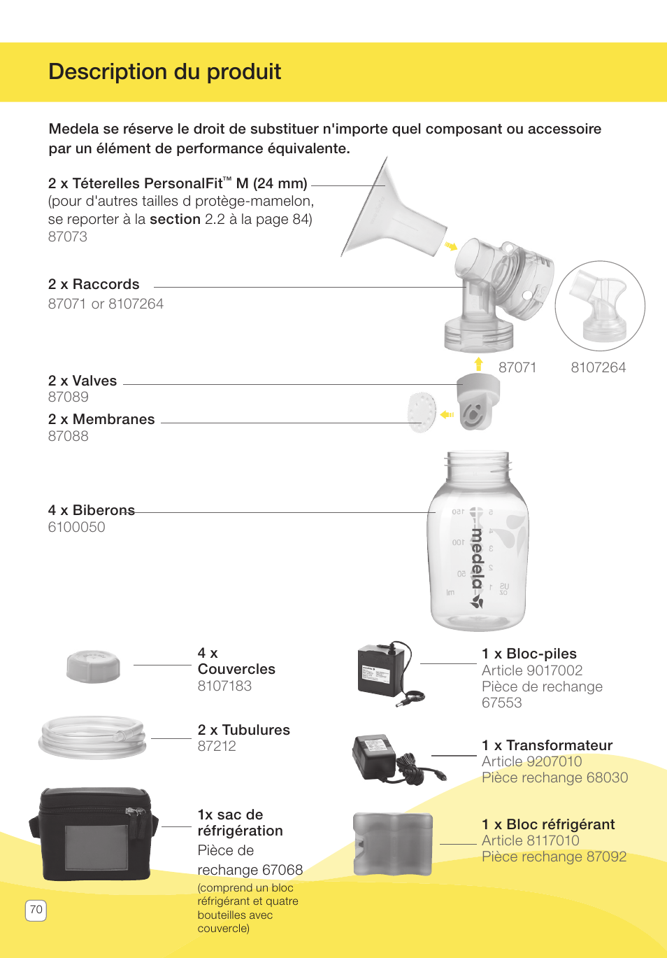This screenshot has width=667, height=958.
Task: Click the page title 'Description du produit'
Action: tap(164, 71)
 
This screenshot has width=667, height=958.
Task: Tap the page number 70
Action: tap(36, 910)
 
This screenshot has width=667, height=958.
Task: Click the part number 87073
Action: tap(68, 237)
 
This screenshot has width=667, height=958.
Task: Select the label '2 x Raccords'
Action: tap(94, 284)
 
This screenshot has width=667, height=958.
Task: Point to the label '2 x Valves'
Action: tap(83, 381)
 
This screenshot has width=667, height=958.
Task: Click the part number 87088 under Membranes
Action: tap(69, 436)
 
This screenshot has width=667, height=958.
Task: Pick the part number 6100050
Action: tap(76, 527)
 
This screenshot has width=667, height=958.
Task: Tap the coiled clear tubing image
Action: tap(92, 737)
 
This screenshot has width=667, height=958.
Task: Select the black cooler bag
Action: tap(94, 833)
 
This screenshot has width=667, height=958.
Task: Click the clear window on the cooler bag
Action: tap(96, 847)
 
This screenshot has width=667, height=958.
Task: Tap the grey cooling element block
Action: tap(392, 844)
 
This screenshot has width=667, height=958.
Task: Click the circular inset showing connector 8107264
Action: tap(600, 306)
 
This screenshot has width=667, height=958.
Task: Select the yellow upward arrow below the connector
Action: tap(478, 363)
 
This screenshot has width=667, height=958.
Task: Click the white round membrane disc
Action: tap(422, 411)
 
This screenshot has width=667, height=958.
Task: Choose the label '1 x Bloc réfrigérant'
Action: tap(548, 824)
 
